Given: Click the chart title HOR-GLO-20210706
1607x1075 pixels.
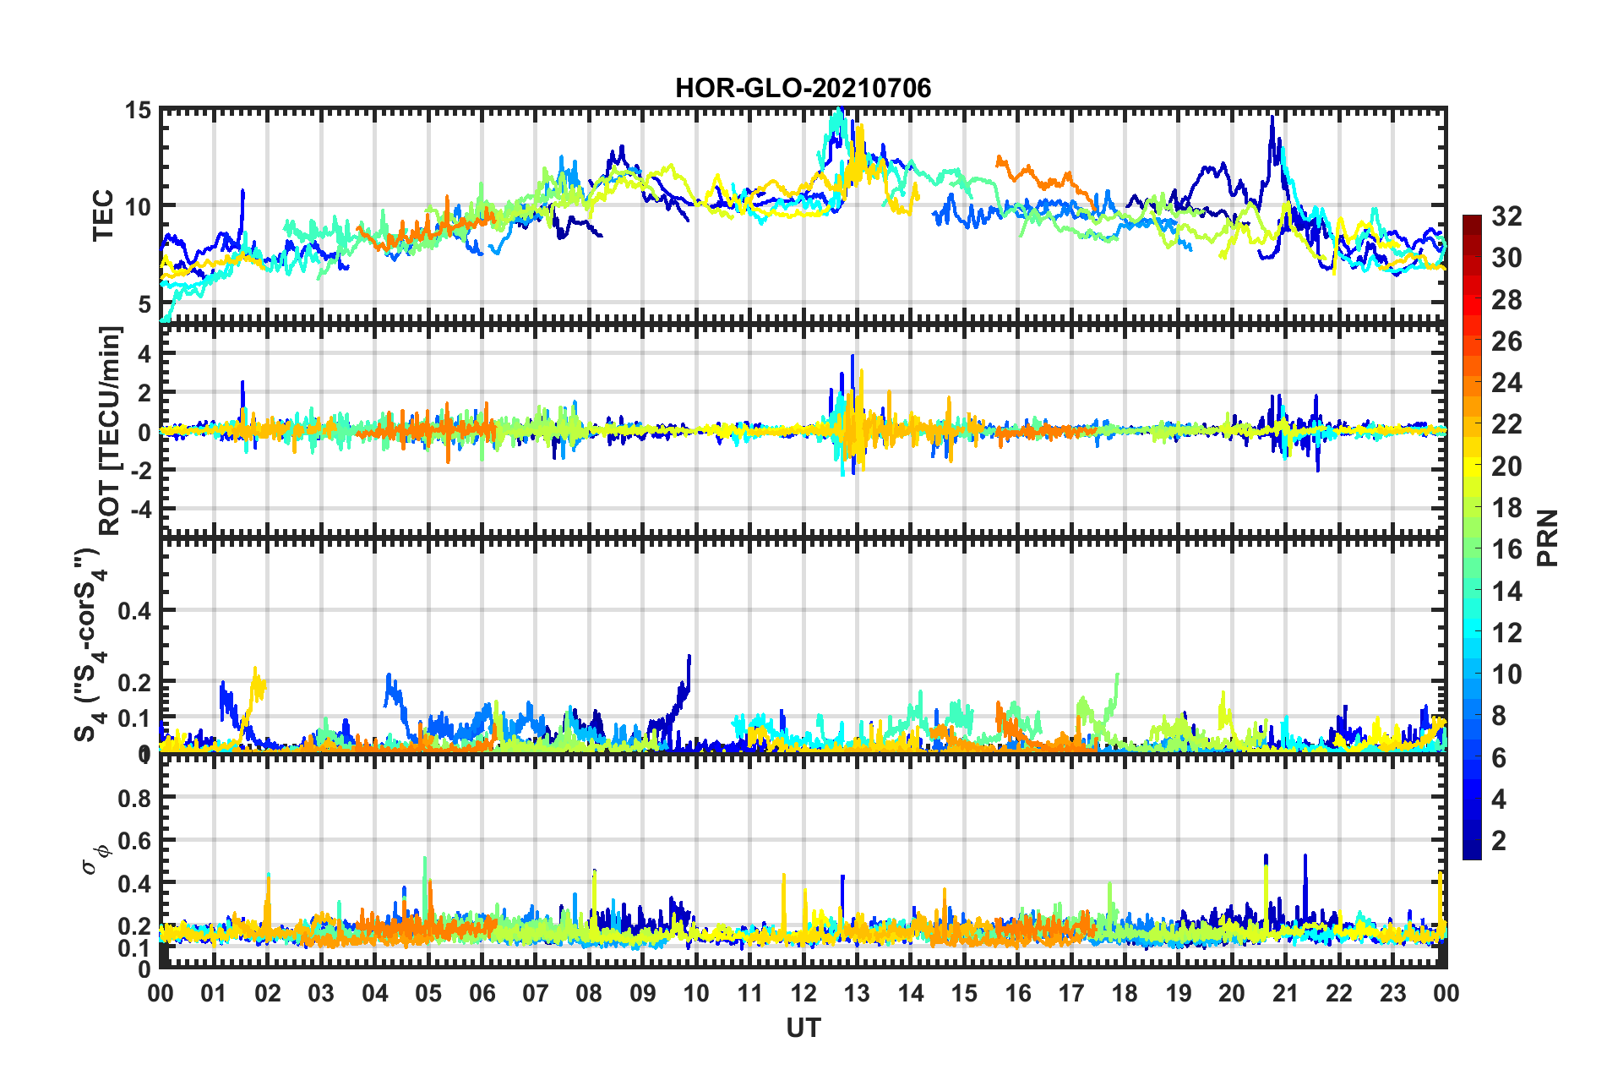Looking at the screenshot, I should (803, 88).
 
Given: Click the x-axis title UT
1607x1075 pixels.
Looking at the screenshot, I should (803, 1028).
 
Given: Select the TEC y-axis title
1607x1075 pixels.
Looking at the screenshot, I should (103, 216).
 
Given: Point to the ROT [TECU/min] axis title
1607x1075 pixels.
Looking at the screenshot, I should (110, 430).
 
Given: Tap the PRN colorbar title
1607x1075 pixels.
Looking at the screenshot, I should (1548, 537).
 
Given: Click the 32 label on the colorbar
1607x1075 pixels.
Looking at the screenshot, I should (1506, 216).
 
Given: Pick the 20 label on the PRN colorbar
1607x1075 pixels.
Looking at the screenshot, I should (1506, 467).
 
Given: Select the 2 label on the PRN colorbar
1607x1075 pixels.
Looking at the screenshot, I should (1499, 840).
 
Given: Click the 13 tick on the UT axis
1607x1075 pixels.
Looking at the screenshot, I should (857, 993).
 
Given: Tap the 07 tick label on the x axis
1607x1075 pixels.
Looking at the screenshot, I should (536, 993).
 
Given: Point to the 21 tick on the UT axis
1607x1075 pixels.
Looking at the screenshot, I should (1285, 993).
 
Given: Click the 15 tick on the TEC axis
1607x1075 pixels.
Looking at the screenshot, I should (139, 111).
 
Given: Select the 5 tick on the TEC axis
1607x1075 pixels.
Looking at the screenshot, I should (144, 303).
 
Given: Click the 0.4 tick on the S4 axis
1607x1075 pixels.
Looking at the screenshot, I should (133, 610).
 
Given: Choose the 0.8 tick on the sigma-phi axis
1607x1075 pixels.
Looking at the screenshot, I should (133, 798).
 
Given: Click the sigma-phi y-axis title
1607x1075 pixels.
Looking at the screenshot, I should (96, 855).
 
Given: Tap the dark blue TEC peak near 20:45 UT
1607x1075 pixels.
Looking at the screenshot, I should (1272, 118).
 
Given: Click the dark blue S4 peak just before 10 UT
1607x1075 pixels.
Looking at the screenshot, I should (689, 657).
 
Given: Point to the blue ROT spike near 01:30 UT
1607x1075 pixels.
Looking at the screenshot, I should (242, 382).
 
